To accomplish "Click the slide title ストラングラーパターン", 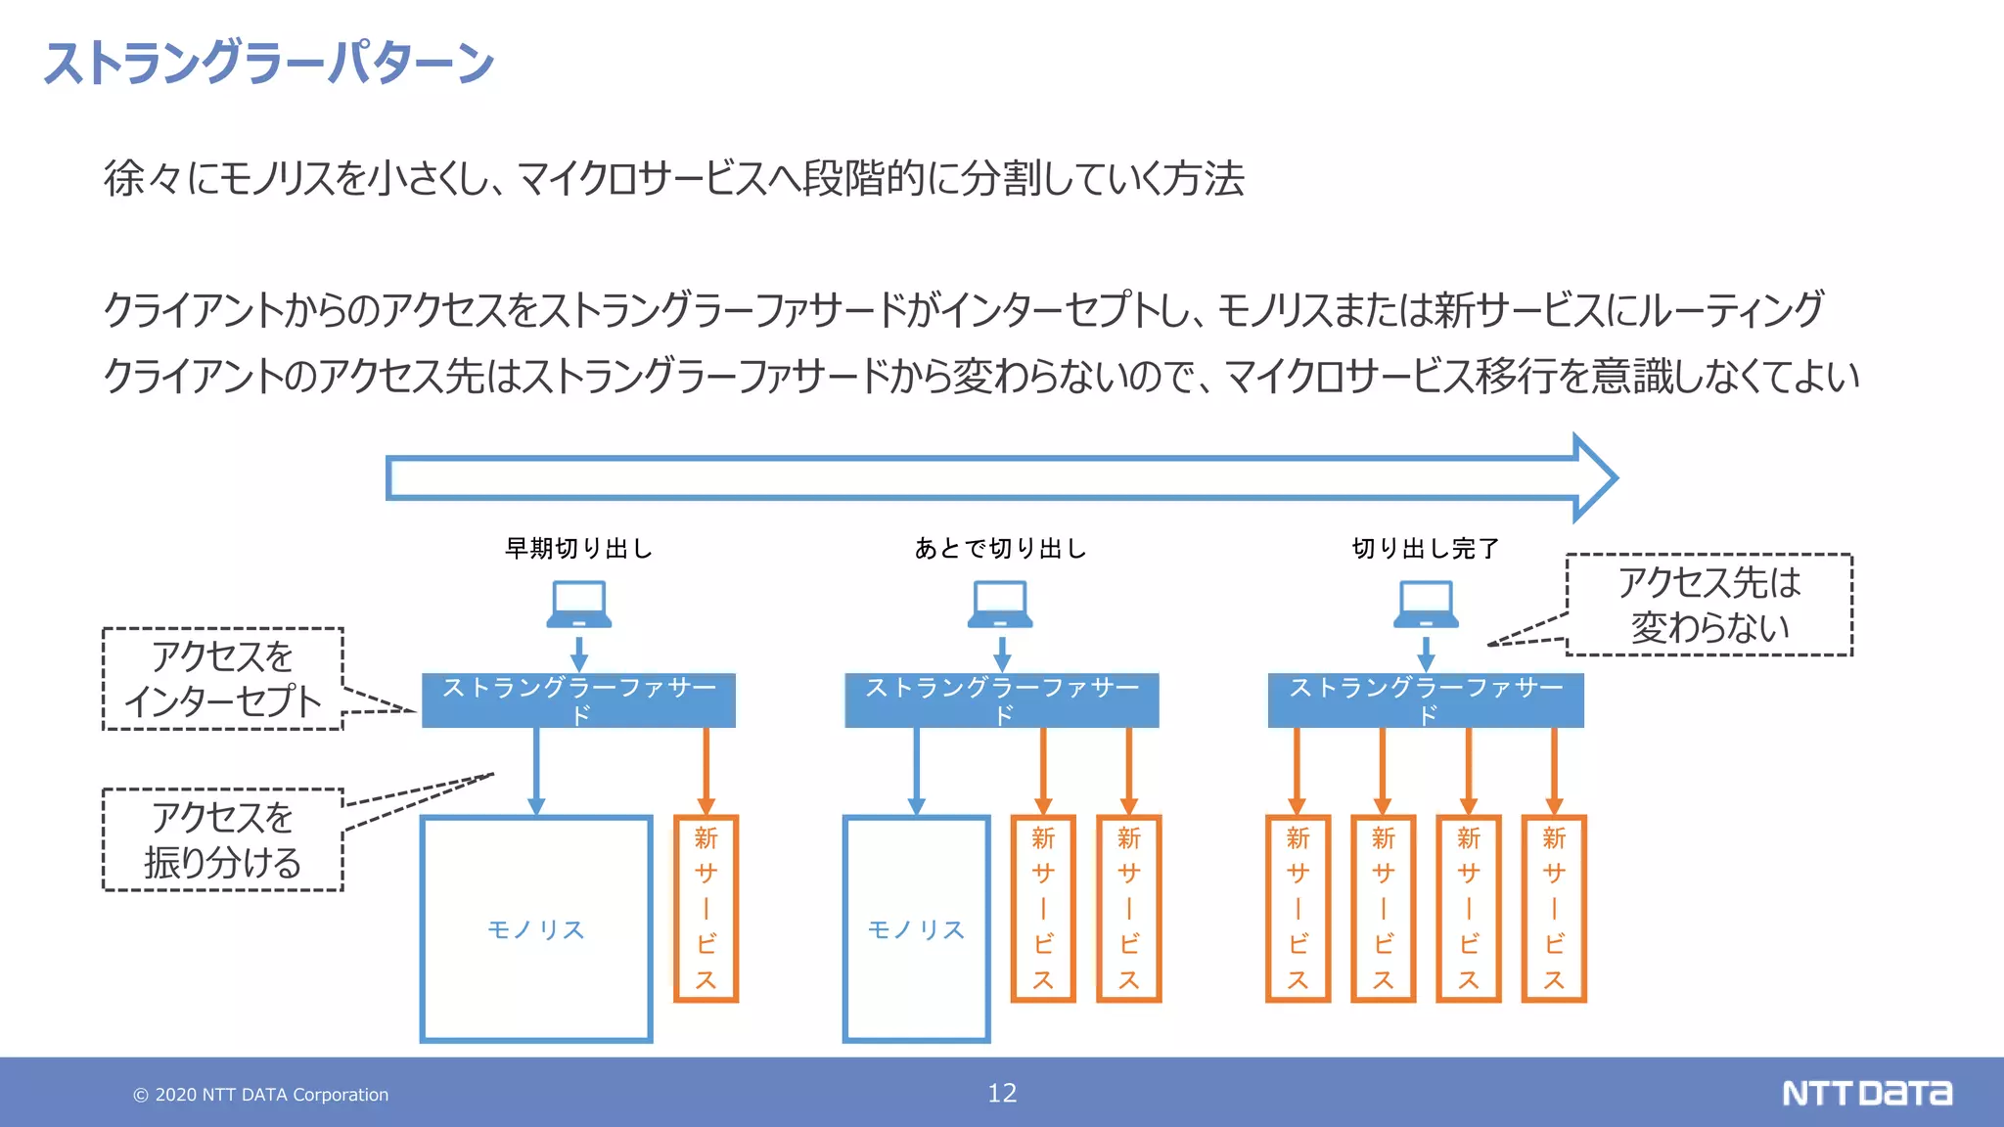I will tap(269, 63).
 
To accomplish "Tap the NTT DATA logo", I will tap(1866, 1093).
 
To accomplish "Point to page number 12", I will tap(1002, 1093).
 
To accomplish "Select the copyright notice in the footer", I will tap(261, 1095).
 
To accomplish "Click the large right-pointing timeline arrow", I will tap(998, 477).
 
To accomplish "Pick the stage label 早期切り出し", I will tap(578, 549).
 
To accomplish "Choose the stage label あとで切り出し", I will tap(1000, 549).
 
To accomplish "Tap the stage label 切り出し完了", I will tap(1425, 549).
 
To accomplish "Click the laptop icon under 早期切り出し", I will tap(579, 605).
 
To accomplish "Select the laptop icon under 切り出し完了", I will tap(1426, 605).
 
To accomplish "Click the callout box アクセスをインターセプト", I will tap(223, 679).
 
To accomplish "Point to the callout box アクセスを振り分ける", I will tap(223, 839).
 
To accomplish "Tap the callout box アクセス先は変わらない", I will tap(1708, 605).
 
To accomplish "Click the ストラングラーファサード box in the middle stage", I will tap(1002, 700).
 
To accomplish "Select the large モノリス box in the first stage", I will tap(536, 928).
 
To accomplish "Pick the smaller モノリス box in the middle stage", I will tap(916, 928).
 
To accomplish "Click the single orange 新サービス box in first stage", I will tap(706, 909).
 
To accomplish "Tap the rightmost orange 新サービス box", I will tap(1554, 909).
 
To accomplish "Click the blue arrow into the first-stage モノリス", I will tap(536, 771).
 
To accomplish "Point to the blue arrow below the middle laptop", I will tap(1002, 654).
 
